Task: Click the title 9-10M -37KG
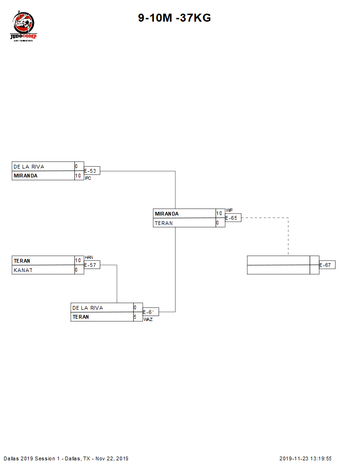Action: click(x=174, y=18)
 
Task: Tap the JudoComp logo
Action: click(x=23, y=27)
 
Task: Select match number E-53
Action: click(x=91, y=171)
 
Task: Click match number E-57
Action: click(x=91, y=265)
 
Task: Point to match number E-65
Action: click(x=232, y=218)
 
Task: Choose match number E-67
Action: click(x=327, y=265)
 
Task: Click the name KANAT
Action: click(x=23, y=270)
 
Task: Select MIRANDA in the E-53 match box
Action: click(x=25, y=176)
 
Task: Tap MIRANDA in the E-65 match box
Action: click(x=167, y=214)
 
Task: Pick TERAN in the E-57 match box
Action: click(x=22, y=261)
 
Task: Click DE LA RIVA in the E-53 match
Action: click(x=29, y=167)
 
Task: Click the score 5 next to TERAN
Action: click(x=135, y=317)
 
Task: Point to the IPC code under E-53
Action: click(x=88, y=178)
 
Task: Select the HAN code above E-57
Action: click(x=88, y=257)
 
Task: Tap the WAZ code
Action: click(x=148, y=320)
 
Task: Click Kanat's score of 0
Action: click(x=76, y=270)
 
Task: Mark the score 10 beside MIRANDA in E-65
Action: click(x=219, y=214)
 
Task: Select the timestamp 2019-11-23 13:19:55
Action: click(x=305, y=458)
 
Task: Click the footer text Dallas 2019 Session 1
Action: click(x=32, y=458)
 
